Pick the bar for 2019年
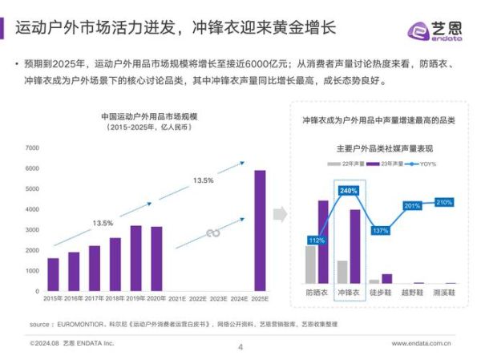(x=136, y=257)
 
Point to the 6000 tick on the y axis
(x=32, y=168)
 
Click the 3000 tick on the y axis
(x=32, y=230)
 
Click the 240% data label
(x=349, y=191)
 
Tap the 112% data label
(x=316, y=241)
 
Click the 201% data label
(x=413, y=206)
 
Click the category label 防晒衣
(x=317, y=293)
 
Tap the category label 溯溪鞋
(x=445, y=293)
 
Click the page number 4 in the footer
(x=240, y=346)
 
